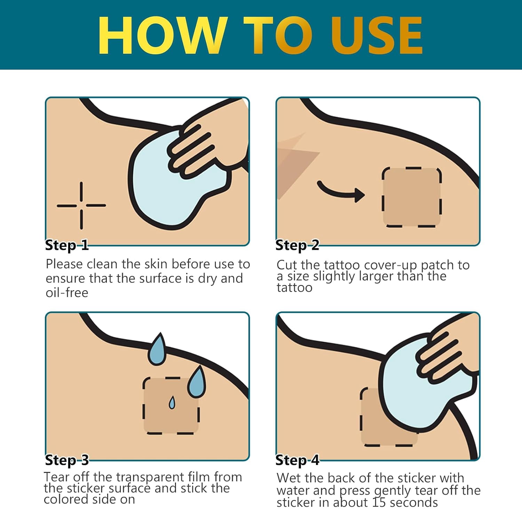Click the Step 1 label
[67, 245]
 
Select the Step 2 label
[297, 245]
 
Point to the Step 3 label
[67, 460]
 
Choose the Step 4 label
[297, 460]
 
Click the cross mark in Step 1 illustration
[81, 205]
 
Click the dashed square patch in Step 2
[412, 197]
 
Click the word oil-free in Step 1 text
[67, 293]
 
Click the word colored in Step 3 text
[66, 499]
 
